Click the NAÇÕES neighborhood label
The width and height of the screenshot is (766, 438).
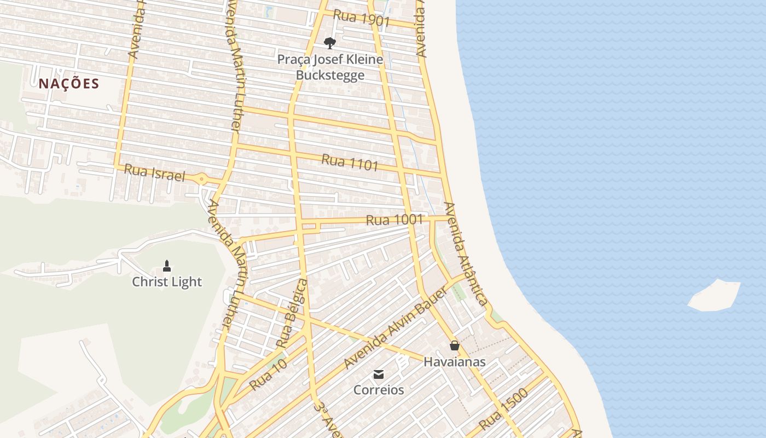[x=69, y=84]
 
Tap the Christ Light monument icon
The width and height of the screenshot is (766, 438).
[x=167, y=266]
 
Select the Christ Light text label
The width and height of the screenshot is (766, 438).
[x=167, y=282]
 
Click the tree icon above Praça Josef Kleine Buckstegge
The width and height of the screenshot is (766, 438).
[x=329, y=43]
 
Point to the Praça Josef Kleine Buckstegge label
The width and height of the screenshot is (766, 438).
[x=330, y=67]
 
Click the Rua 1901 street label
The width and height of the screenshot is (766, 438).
[x=361, y=18]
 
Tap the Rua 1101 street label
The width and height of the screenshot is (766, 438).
[x=350, y=162]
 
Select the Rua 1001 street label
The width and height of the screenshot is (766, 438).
[x=394, y=220]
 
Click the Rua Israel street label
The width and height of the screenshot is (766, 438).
[x=154, y=173]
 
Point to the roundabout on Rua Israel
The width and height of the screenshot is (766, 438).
[x=202, y=178]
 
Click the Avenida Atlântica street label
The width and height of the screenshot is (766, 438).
[x=465, y=253]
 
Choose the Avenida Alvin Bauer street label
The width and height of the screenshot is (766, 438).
[x=396, y=327]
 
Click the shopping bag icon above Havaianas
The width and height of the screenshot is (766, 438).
[x=454, y=345]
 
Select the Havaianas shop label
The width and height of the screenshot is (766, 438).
[x=454, y=362]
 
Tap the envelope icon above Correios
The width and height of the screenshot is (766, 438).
[x=378, y=374]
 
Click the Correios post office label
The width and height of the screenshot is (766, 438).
[x=379, y=390]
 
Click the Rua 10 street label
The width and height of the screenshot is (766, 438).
[x=268, y=374]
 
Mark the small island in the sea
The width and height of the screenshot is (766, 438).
[x=715, y=296]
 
